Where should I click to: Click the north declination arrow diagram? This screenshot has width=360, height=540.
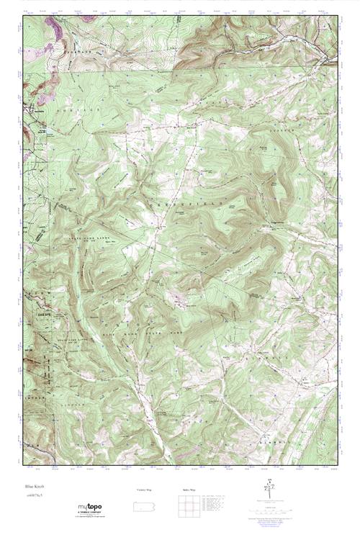click(x=269, y=492)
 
